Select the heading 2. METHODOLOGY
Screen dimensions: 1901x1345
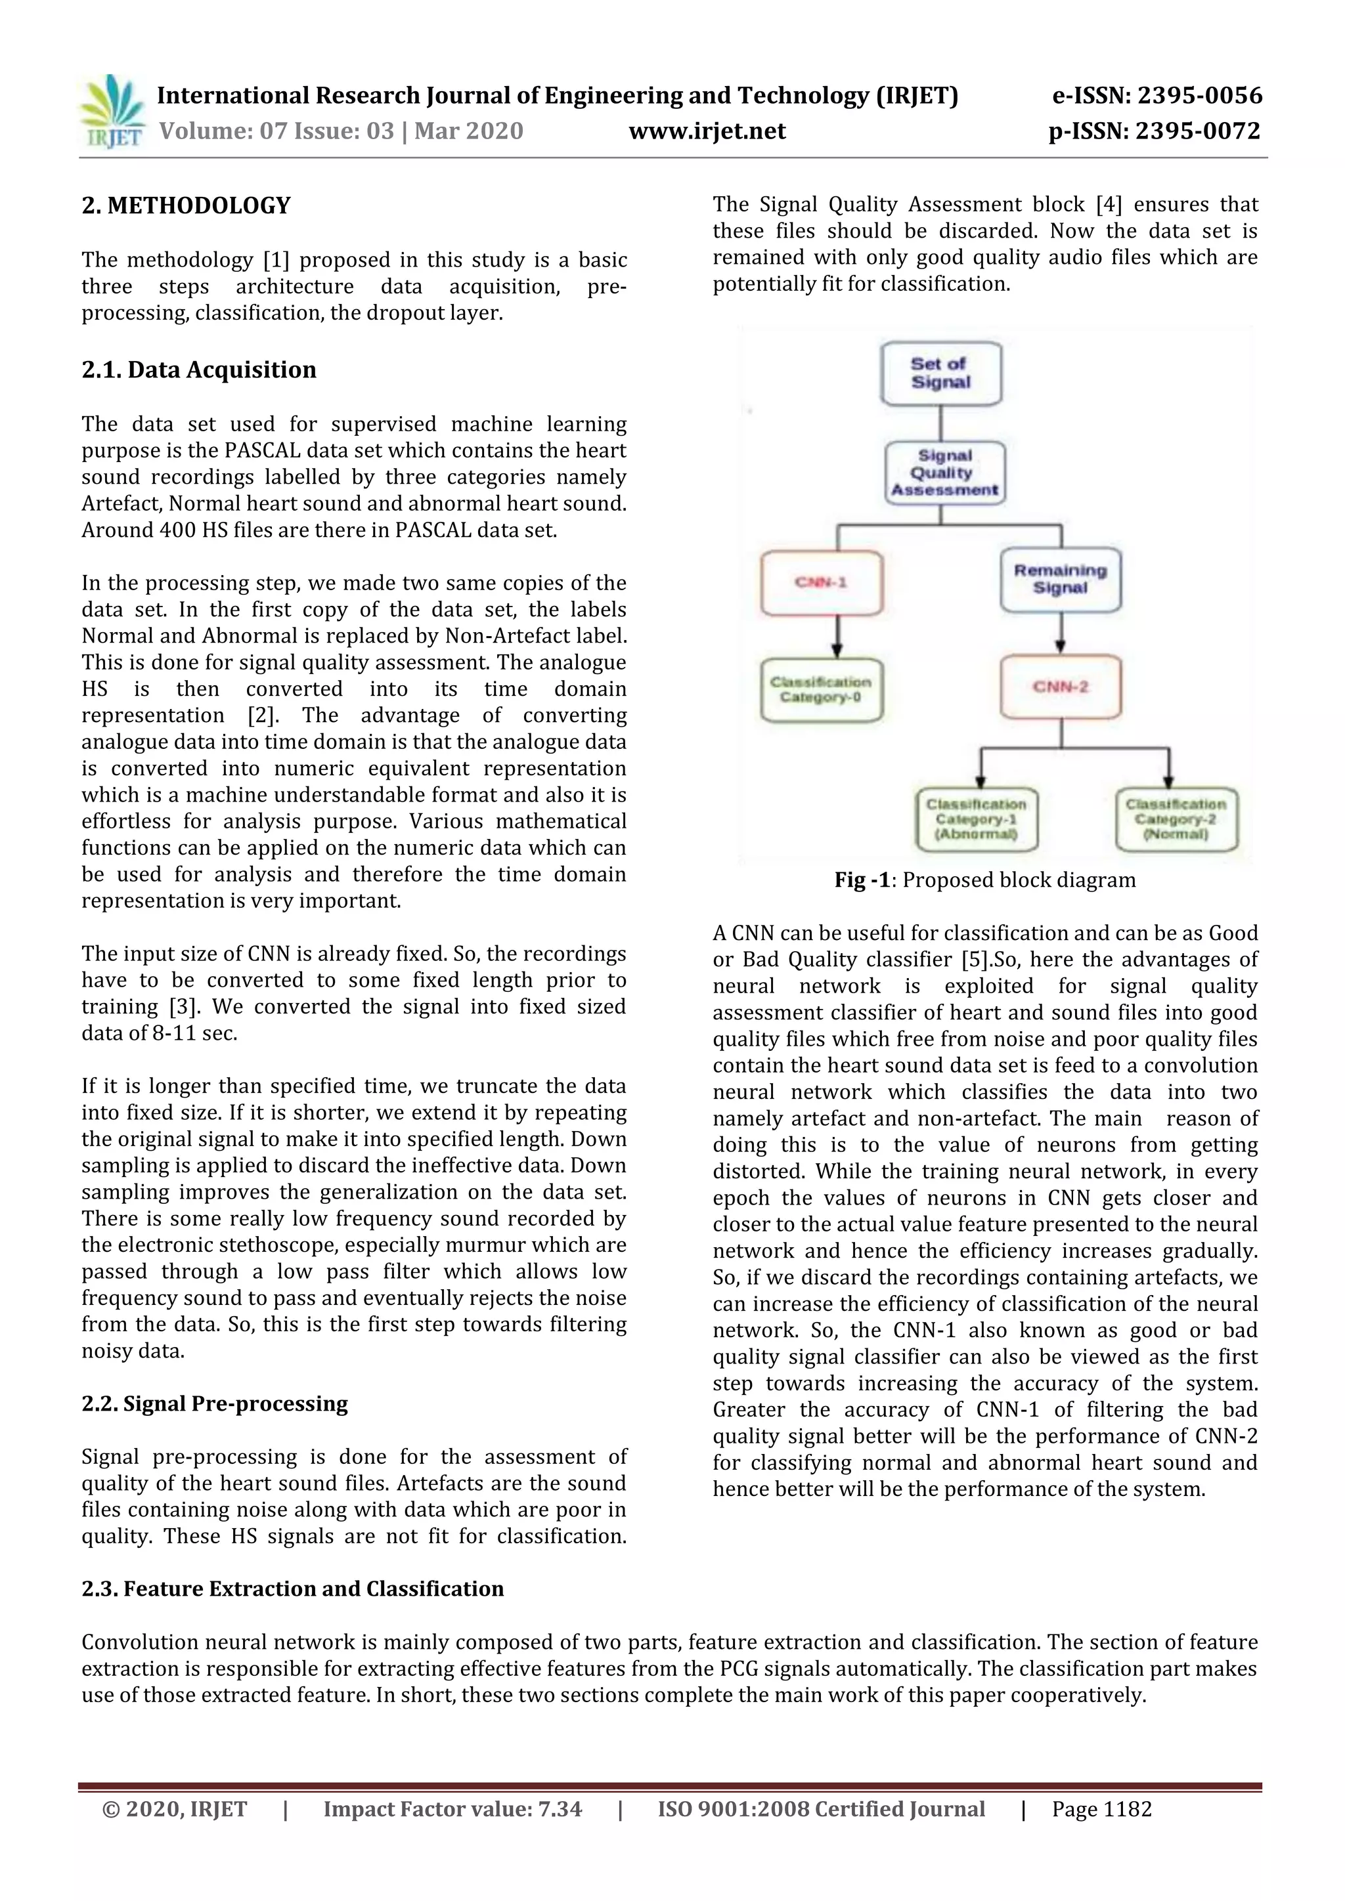click(187, 205)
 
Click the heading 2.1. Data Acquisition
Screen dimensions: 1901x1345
click(199, 370)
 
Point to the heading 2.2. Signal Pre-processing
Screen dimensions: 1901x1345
click(215, 1403)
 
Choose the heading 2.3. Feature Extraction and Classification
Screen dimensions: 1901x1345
click(292, 1589)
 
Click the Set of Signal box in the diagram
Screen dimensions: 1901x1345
click(941, 374)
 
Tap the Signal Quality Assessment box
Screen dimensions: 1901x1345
click(944, 473)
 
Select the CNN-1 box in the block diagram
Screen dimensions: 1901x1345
click(822, 583)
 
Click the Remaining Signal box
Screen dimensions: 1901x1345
click(1060, 579)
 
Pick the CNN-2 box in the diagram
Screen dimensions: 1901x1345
click(1060, 687)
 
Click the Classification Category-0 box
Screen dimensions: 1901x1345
click(822, 690)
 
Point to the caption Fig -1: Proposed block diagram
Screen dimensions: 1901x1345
click(984, 880)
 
